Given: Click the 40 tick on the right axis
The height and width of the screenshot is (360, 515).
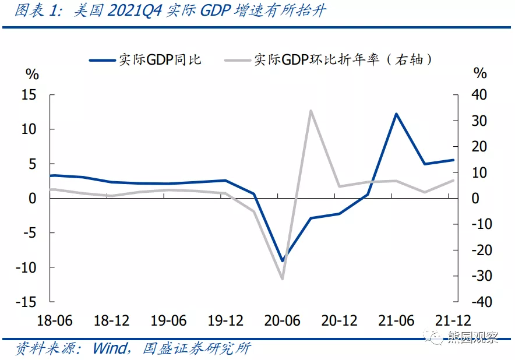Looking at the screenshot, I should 479,95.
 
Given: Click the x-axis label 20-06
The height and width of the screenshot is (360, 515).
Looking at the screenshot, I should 282,321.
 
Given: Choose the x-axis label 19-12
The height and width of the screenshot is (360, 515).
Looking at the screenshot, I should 225,321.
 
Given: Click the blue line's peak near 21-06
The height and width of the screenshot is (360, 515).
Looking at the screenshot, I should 396,114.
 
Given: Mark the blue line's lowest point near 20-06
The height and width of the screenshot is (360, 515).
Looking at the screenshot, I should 282,261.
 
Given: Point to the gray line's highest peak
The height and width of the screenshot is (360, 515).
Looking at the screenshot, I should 311,110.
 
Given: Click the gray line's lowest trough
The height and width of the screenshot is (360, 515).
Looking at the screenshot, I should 282,279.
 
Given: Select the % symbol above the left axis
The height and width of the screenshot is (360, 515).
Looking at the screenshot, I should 32,74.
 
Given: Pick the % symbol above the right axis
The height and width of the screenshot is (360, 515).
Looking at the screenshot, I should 479,74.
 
